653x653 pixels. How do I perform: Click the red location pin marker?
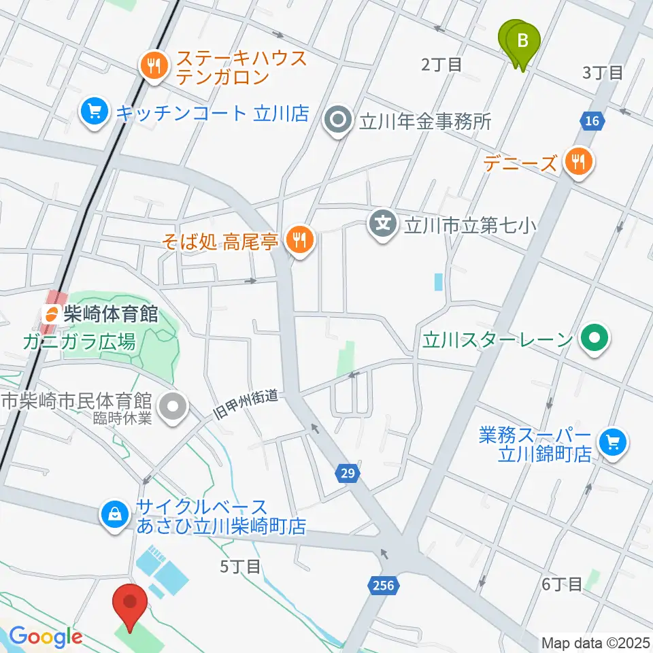pyautogui.click(x=130, y=603)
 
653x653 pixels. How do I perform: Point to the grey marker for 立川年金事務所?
pyautogui.click(x=337, y=122)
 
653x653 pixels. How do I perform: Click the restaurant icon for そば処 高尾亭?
pyautogui.click(x=298, y=239)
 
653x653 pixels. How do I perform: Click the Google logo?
pyautogui.click(x=46, y=637)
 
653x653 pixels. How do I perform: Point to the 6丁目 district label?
pyautogui.click(x=562, y=584)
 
